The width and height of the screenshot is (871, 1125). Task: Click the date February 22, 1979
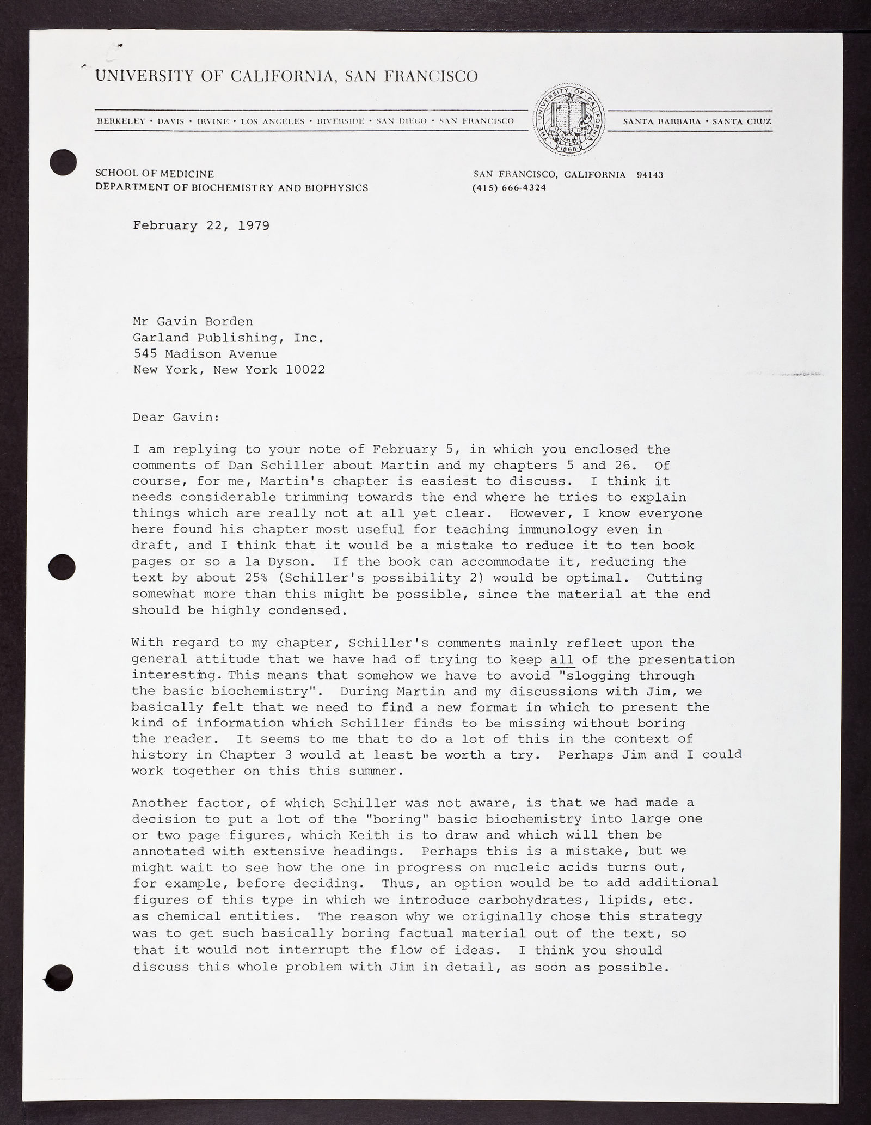(x=201, y=225)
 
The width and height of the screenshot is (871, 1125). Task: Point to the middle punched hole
(x=62, y=567)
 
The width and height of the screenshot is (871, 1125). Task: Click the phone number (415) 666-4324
(x=510, y=188)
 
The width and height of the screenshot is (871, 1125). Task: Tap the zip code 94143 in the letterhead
(x=649, y=175)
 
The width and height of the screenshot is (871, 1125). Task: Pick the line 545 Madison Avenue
(x=205, y=354)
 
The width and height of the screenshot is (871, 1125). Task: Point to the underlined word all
(x=562, y=660)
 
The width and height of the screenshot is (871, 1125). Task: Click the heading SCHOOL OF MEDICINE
(x=155, y=174)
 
